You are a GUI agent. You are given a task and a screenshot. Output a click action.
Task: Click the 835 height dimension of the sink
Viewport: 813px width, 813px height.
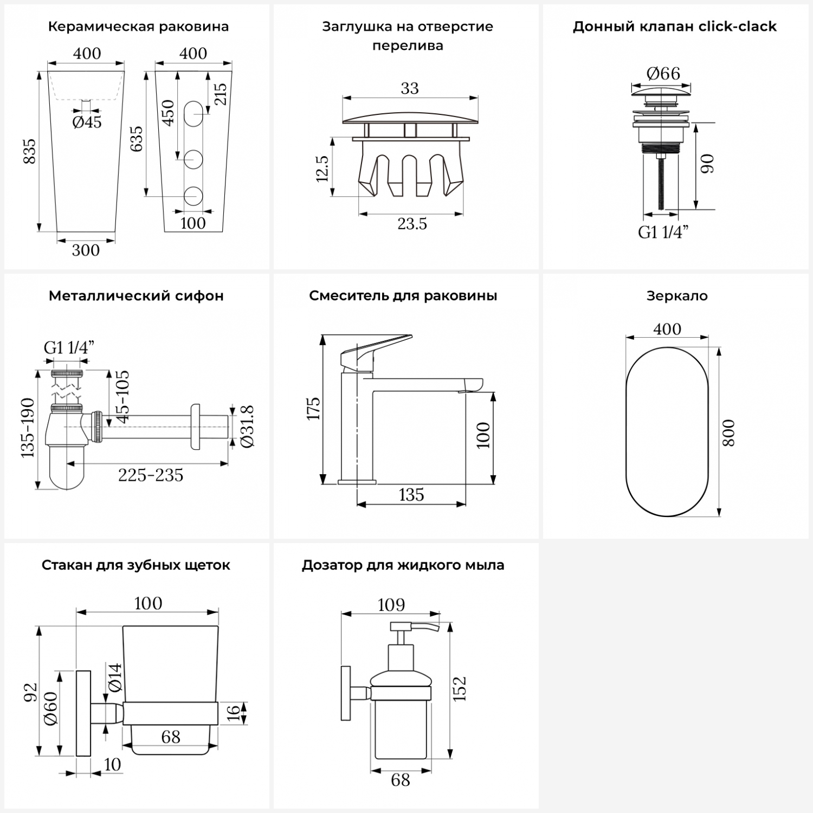pos(29,151)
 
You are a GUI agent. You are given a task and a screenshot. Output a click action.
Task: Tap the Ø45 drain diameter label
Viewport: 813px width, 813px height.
pos(87,122)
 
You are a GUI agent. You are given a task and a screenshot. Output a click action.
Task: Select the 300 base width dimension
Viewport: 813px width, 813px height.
pos(86,250)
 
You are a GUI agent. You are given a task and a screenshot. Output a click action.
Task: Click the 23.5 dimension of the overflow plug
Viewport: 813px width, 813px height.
pos(412,223)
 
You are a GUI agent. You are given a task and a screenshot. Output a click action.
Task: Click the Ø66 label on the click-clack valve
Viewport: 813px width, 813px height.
pos(663,73)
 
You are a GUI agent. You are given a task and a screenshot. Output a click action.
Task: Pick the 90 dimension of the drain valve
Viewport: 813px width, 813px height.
pos(707,164)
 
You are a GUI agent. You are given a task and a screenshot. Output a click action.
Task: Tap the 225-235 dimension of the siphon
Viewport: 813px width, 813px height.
pos(151,475)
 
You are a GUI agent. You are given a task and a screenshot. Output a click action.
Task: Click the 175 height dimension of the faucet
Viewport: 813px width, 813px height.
pos(313,409)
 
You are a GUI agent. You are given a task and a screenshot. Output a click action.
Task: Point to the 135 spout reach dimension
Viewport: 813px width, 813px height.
pos(411,495)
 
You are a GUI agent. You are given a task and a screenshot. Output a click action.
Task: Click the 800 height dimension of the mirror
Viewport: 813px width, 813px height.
pos(729,433)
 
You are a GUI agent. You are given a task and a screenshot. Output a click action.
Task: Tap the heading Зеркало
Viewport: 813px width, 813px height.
pos(677,296)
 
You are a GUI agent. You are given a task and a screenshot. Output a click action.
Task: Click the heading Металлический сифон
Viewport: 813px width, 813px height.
pos(136,296)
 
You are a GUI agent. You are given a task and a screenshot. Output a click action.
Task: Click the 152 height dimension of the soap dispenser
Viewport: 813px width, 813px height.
pos(459,689)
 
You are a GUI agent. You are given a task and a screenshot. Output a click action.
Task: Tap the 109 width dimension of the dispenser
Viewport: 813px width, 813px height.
pos(391,604)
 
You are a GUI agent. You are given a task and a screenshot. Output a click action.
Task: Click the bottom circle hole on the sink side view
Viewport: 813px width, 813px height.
pos(193,196)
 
